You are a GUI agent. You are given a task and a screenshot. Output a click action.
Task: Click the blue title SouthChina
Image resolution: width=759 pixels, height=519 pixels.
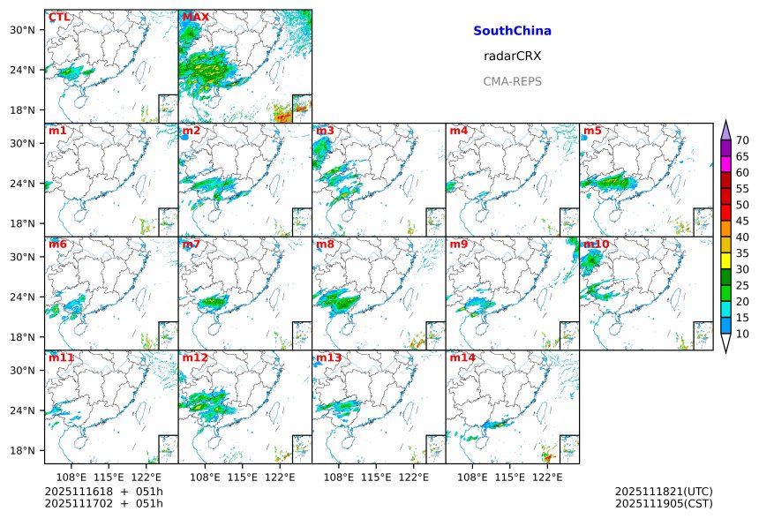tap(512, 31)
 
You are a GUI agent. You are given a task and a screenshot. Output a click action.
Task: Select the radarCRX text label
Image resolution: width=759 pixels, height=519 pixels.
tap(512, 56)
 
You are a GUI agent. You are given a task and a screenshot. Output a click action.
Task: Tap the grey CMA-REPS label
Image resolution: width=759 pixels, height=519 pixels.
tap(512, 81)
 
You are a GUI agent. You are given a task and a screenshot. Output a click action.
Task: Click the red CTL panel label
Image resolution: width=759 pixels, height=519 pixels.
tap(59, 18)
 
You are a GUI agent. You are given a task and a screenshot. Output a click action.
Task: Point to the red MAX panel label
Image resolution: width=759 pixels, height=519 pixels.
tap(195, 18)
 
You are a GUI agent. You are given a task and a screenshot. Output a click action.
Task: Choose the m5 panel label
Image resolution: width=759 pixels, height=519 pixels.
tap(593, 132)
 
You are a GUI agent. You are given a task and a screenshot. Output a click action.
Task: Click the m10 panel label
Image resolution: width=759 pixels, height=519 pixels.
tap(597, 244)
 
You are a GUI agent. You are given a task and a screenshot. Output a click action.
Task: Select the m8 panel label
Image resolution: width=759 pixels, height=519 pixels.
tap(326, 244)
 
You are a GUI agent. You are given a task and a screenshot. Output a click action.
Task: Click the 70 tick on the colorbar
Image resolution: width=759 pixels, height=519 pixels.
tap(742, 140)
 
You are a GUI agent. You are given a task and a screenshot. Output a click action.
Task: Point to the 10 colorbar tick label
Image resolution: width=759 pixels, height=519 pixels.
tap(742, 334)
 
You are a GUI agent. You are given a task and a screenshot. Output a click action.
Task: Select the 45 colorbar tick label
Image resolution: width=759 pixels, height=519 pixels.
tap(742, 221)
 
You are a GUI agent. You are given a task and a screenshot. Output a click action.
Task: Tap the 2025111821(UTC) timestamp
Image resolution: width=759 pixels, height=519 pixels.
tap(664, 492)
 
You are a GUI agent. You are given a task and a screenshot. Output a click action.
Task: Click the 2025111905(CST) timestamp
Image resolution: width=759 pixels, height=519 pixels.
tap(664, 504)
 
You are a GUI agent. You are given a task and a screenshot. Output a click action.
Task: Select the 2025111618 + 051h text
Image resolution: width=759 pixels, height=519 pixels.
tap(98, 492)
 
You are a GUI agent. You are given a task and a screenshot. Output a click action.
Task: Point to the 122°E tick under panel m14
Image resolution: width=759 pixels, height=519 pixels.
tap(547, 477)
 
